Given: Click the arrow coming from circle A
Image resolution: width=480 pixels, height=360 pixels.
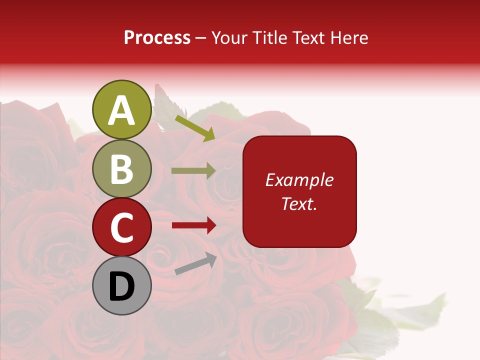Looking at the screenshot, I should (x=195, y=128).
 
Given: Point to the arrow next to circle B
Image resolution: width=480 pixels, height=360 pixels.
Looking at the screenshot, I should (x=193, y=170).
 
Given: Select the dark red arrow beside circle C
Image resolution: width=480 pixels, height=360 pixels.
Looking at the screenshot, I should (x=194, y=225).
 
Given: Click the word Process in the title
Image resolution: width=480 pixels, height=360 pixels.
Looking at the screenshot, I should (x=157, y=37).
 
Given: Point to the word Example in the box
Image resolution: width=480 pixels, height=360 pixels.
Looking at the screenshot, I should (x=299, y=180).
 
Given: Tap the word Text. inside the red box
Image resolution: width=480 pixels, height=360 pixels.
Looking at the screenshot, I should (x=299, y=203).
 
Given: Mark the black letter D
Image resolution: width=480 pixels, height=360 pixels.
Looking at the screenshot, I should (x=121, y=286).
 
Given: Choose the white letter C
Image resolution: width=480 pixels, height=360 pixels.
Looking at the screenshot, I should (x=121, y=228).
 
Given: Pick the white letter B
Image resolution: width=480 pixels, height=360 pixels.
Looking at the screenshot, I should (x=121, y=169).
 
